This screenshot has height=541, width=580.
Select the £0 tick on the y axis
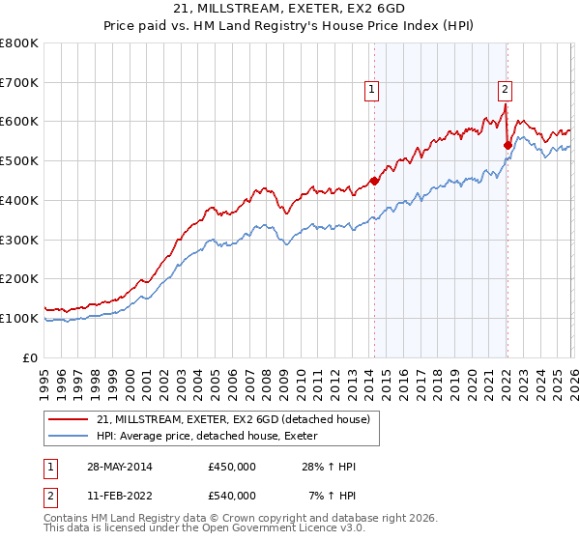[x=31, y=357]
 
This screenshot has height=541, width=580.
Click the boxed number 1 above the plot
[x=372, y=90]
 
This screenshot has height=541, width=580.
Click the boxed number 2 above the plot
[x=505, y=90]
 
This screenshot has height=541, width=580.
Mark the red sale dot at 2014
[x=375, y=180]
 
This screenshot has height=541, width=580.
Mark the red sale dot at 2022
[x=507, y=145]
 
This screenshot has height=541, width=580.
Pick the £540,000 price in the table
[x=231, y=496]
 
